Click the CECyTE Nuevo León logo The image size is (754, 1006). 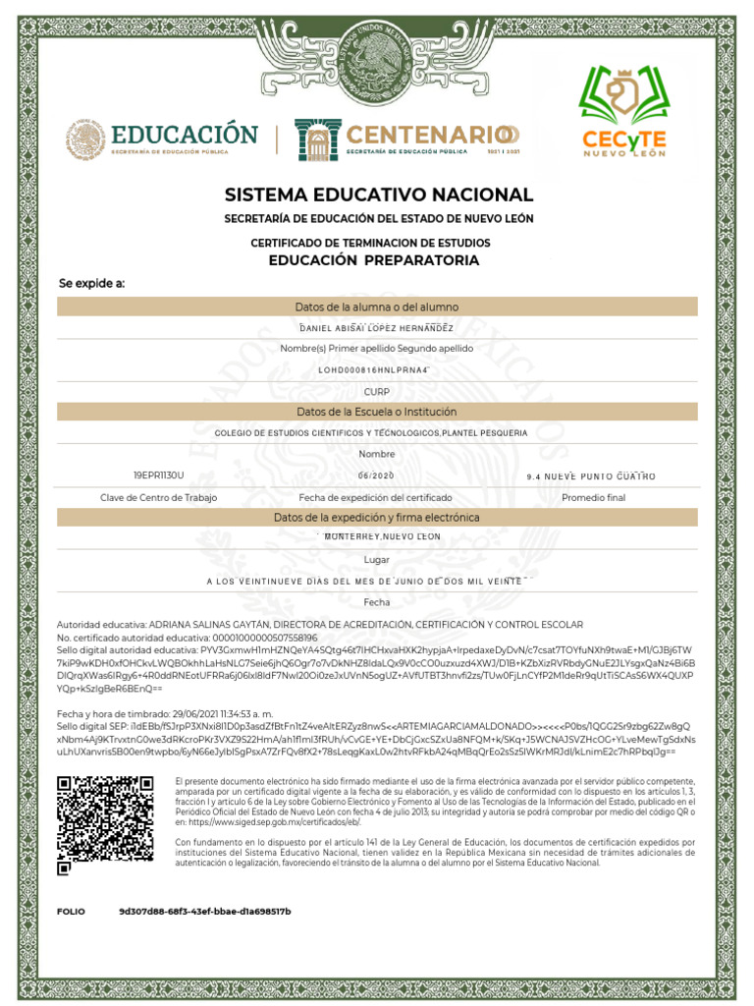pyautogui.click(x=623, y=111)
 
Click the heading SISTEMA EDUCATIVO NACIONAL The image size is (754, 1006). pyautogui.click(x=378, y=195)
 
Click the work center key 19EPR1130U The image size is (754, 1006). pyautogui.click(x=159, y=475)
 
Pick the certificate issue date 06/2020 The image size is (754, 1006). pyautogui.click(x=376, y=475)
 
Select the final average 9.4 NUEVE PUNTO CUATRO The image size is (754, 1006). pyautogui.click(x=591, y=476)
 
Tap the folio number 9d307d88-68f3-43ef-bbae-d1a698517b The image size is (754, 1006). pyautogui.click(x=205, y=912)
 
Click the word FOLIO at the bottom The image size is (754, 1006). pyautogui.click(x=72, y=912)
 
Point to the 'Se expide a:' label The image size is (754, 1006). pyautogui.click(x=92, y=284)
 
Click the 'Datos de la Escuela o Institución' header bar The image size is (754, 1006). pyautogui.click(x=377, y=412)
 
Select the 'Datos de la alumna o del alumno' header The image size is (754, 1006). pyautogui.click(x=377, y=307)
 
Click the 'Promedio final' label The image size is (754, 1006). pyautogui.click(x=593, y=498)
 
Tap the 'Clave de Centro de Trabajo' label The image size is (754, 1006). pyautogui.click(x=159, y=498)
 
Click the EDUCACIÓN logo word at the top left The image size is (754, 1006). pyautogui.click(x=184, y=135)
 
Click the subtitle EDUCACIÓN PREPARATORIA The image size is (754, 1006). pyautogui.click(x=374, y=261)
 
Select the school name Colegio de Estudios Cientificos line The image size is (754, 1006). pyautogui.click(x=371, y=433)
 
